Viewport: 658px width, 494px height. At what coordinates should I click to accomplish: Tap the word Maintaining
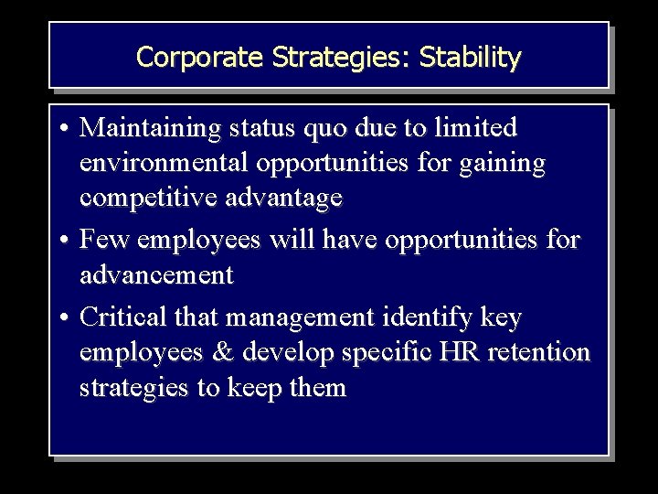pos(146,127)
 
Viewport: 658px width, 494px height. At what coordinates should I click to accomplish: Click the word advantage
pos(278,198)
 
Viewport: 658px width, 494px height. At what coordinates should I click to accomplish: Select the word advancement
pos(155,274)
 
